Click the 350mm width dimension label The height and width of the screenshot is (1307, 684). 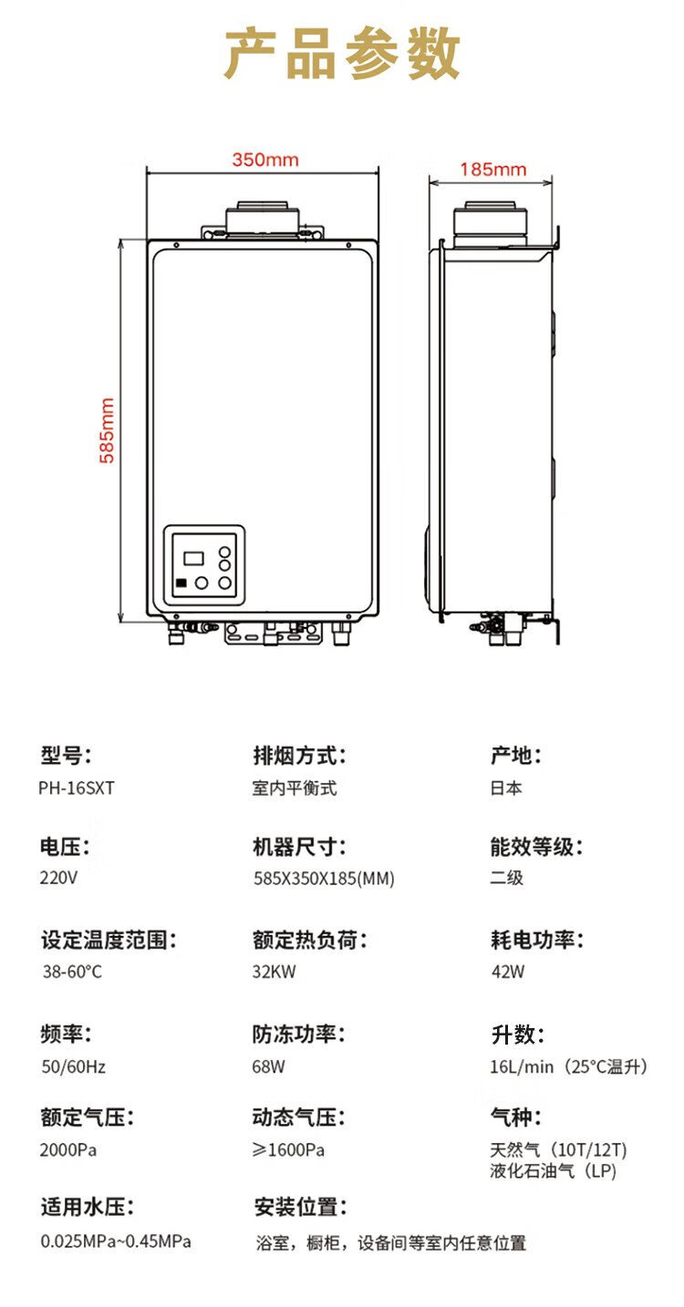(265, 160)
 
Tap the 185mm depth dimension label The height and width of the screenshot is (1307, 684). (493, 170)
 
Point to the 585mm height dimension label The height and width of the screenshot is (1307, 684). (107, 430)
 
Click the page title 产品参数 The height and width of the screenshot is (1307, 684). (342, 54)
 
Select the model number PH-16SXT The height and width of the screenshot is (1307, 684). (77, 788)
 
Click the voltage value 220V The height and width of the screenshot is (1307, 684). (58, 878)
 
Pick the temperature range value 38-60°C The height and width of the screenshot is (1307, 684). (72, 972)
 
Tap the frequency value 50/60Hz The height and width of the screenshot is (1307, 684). (74, 1066)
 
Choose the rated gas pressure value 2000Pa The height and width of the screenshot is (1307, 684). (68, 1150)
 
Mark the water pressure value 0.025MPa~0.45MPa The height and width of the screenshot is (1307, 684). (116, 1241)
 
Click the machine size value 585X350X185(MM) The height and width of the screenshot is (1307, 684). (324, 878)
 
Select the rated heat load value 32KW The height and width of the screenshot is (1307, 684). (275, 972)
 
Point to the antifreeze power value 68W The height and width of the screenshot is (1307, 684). (268, 1066)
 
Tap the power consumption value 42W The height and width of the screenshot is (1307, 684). (508, 972)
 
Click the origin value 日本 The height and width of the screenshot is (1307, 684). (506, 788)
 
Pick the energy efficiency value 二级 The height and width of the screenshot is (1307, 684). (506, 878)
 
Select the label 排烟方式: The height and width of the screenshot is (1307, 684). (299, 756)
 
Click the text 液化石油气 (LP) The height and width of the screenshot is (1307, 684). (554, 1170)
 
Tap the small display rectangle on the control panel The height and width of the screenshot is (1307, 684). (193, 558)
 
